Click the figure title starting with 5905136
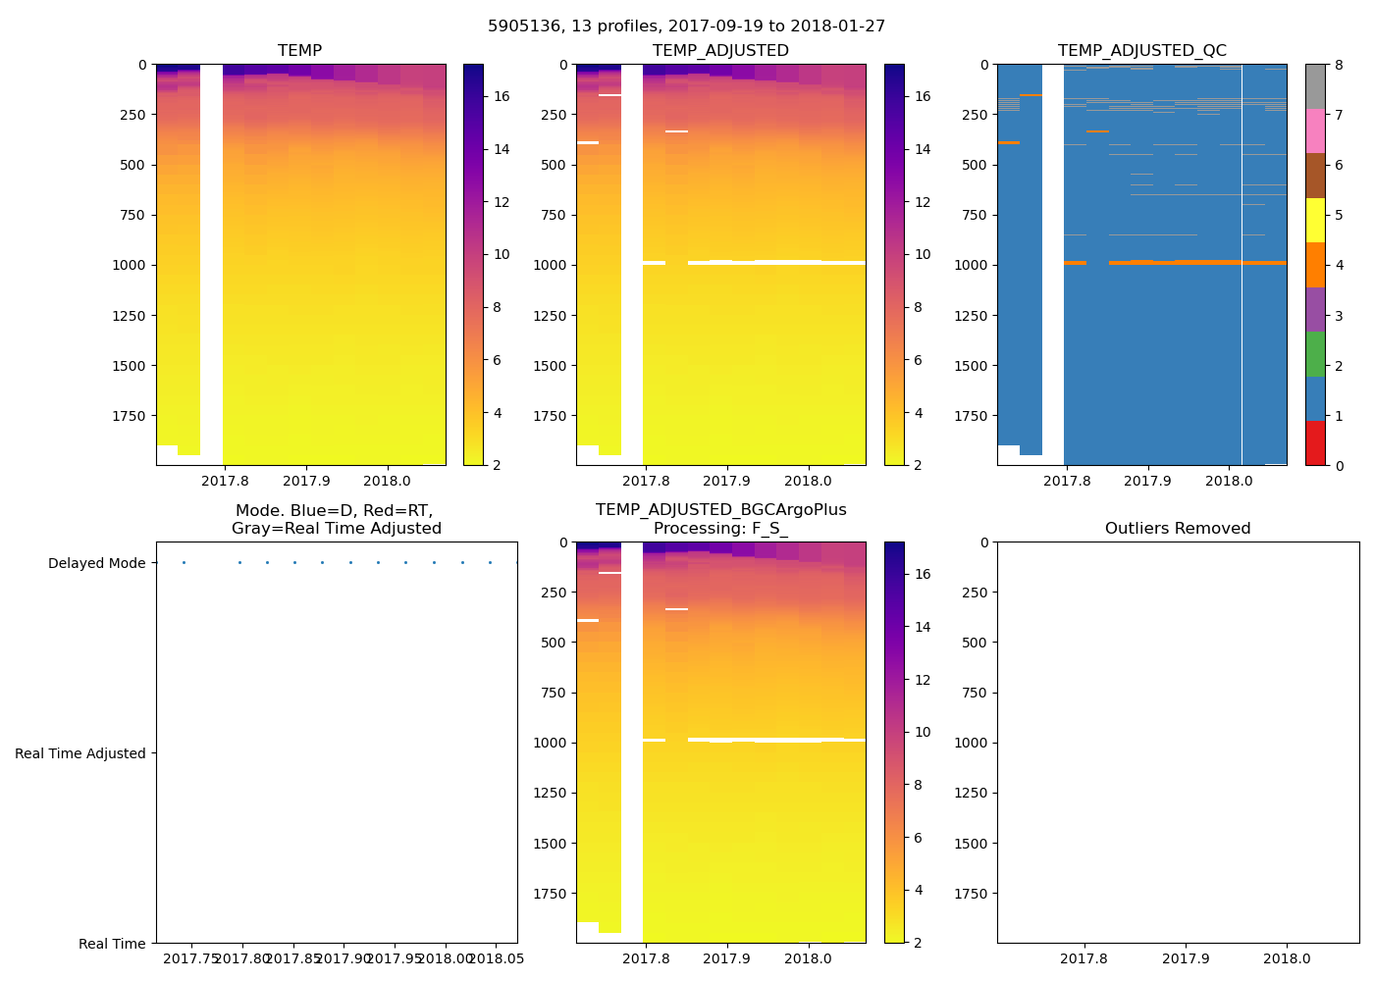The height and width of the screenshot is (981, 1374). [x=686, y=26]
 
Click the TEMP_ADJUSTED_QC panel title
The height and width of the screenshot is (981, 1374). [x=1141, y=51]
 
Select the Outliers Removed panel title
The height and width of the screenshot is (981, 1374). [x=1178, y=529]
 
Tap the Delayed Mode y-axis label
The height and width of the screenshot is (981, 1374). [x=96, y=564]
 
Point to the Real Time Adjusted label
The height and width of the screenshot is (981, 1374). [x=80, y=754]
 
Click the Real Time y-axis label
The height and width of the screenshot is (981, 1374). [x=112, y=945]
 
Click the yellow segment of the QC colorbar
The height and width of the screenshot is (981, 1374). [x=1315, y=221]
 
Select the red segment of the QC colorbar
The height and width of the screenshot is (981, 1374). [x=1315, y=443]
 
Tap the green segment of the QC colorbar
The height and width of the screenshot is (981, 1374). [x=1315, y=354]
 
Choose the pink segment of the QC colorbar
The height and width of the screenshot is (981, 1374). [x=1315, y=131]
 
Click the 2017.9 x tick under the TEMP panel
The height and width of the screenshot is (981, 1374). [x=306, y=482]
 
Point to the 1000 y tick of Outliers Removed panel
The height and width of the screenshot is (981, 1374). [x=973, y=744]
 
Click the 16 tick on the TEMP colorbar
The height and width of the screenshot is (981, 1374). [x=502, y=97]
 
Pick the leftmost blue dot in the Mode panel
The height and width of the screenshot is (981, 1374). [x=184, y=563]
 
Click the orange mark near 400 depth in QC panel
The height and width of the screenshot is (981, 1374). [x=1009, y=143]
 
